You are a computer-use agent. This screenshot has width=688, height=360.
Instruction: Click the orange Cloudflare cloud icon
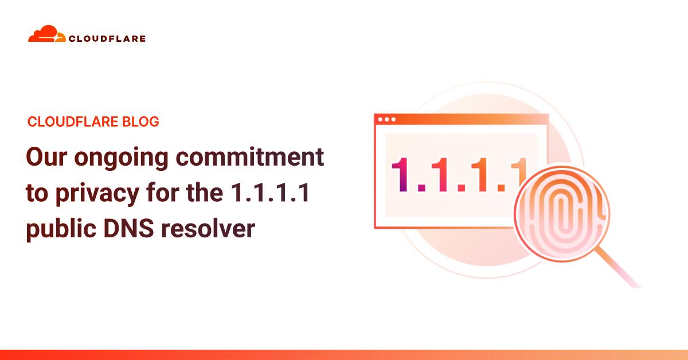[46, 34]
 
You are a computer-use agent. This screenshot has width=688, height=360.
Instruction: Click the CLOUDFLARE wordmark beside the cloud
[107, 39]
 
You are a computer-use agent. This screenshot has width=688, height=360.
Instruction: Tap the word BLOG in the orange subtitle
[140, 122]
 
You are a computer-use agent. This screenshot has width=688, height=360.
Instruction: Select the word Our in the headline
[46, 156]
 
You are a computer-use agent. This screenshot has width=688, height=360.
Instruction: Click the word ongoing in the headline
[122, 158]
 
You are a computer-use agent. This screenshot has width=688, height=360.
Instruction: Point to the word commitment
[250, 156]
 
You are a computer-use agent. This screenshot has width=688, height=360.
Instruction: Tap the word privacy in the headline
[97, 194]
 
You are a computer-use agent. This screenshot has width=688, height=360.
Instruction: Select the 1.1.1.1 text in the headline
[270, 193]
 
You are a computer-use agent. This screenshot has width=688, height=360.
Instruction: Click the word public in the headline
[61, 230]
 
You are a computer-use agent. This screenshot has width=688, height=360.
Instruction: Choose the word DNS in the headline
[128, 229]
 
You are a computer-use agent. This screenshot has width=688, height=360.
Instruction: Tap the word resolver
[208, 229]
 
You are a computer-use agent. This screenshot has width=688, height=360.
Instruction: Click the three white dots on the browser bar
[386, 119]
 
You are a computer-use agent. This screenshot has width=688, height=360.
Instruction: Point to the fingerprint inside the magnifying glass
[562, 214]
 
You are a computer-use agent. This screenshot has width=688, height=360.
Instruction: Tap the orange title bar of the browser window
[462, 119]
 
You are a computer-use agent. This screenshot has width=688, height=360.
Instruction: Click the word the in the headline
[205, 192]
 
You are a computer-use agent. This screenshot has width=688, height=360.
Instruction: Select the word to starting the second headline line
[37, 194]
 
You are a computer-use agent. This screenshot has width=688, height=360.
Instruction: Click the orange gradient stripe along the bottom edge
[344, 355]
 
